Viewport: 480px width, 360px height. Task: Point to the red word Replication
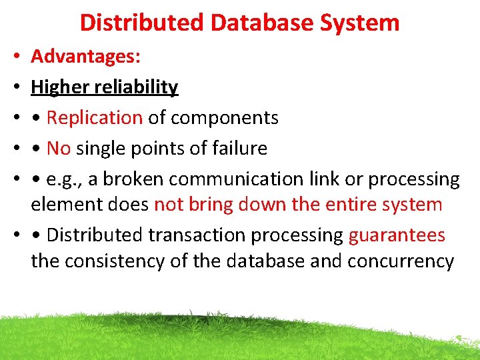point(95,117)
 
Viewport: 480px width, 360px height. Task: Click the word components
point(225,117)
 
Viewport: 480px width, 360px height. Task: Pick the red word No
point(59,148)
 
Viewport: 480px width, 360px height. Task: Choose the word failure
point(238,148)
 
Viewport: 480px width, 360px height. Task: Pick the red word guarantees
point(397,235)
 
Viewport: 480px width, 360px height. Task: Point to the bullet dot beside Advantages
point(15,57)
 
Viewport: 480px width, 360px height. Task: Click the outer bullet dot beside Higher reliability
point(15,87)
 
